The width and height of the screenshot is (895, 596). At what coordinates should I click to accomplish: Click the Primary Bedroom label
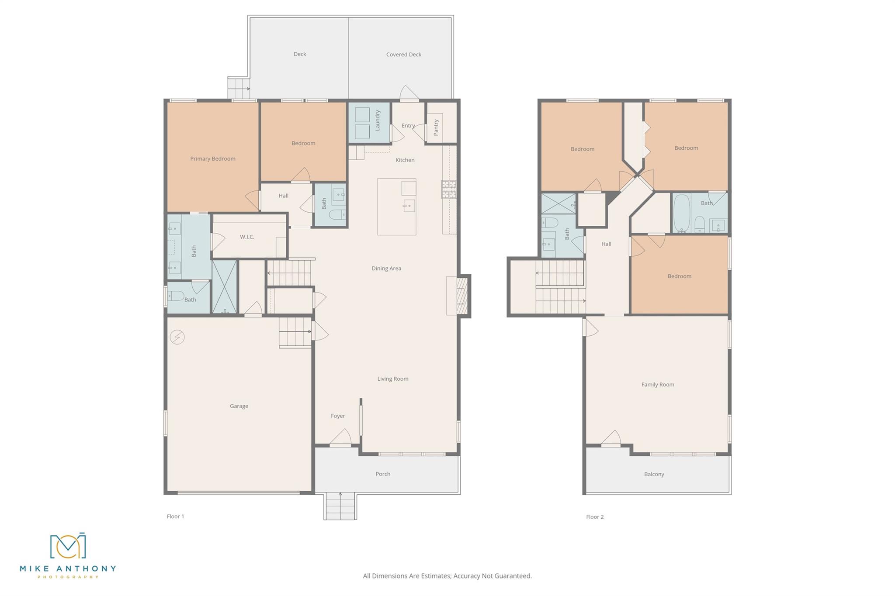(212, 158)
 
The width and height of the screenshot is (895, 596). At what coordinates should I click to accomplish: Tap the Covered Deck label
(403, 55)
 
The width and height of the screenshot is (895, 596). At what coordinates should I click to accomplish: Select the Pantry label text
(436, 127)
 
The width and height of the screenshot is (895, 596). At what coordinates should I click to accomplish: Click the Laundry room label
(378, 120)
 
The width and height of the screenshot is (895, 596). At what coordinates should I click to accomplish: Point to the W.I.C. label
(247, 237)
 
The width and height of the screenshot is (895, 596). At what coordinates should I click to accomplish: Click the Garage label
(239, 406)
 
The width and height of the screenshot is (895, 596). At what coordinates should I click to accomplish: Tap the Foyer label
(337, 416)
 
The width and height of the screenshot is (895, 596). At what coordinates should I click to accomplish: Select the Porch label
(383, 474)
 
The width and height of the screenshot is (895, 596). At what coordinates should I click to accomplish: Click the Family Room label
(657, 385)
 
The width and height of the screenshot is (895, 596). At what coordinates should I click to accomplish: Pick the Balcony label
(654, 474)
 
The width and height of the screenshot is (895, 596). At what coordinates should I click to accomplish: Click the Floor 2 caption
(594, 517)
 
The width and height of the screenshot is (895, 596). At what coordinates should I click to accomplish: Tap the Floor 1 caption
(175, 517)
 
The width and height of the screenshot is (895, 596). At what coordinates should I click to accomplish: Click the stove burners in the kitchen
(449, 189)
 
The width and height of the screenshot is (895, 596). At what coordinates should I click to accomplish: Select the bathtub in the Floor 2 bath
(681, 213)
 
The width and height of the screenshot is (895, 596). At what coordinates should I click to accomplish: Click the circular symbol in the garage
(177, 337)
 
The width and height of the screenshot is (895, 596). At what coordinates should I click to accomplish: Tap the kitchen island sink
(409, 205)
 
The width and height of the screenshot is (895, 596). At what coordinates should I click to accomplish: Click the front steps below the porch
(340, 506)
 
